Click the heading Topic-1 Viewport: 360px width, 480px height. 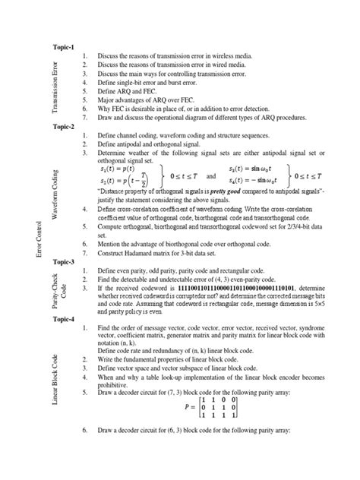(63, 47)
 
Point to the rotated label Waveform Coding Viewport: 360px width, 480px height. (54, 197)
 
